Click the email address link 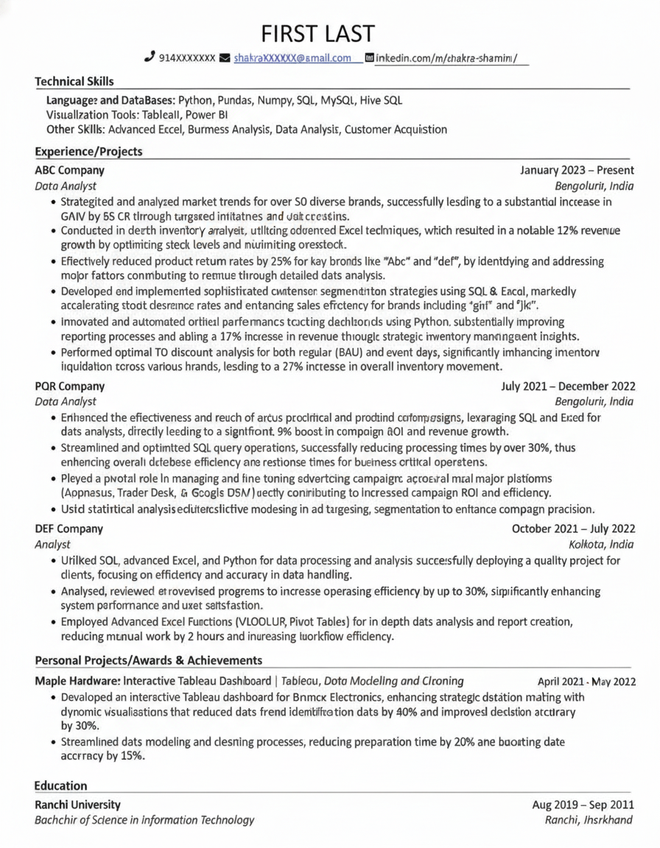[292, 58]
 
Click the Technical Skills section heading [74, 82]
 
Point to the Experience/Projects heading [88, 152]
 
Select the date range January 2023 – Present [577, 170]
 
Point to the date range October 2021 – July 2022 [573, 529]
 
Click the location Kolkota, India [601, 545]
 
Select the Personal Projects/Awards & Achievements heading [149, 660]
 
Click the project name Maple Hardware [77, 681]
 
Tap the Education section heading [61, 786]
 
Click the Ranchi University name [78, 805]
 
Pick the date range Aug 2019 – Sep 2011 [583, 805]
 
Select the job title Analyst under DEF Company [53, 545]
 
